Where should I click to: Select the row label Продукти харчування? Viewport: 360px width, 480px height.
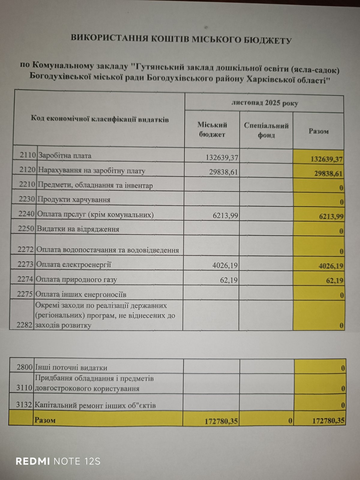coord(74,199)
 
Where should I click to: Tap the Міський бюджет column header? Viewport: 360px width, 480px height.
coord(212,130)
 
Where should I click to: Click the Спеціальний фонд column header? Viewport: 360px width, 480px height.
coord(266,130)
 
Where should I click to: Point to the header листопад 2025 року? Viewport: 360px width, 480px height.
coord(265,103)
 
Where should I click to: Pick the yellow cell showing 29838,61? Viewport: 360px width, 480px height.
coord(328,174)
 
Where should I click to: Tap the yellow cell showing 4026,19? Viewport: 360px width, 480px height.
coord(331,266)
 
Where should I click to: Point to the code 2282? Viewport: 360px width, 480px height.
coord(25,325)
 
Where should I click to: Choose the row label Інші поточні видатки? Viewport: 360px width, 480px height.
coord(71,367)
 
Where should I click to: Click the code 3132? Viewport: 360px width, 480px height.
coord(24,405)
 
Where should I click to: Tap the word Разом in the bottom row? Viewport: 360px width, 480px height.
coord(45,420)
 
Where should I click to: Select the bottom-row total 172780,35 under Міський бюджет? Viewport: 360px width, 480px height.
coord(221,421)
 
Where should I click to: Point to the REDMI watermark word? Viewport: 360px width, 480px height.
coord(33,461)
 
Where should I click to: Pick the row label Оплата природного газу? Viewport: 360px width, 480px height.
coord(76,280)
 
